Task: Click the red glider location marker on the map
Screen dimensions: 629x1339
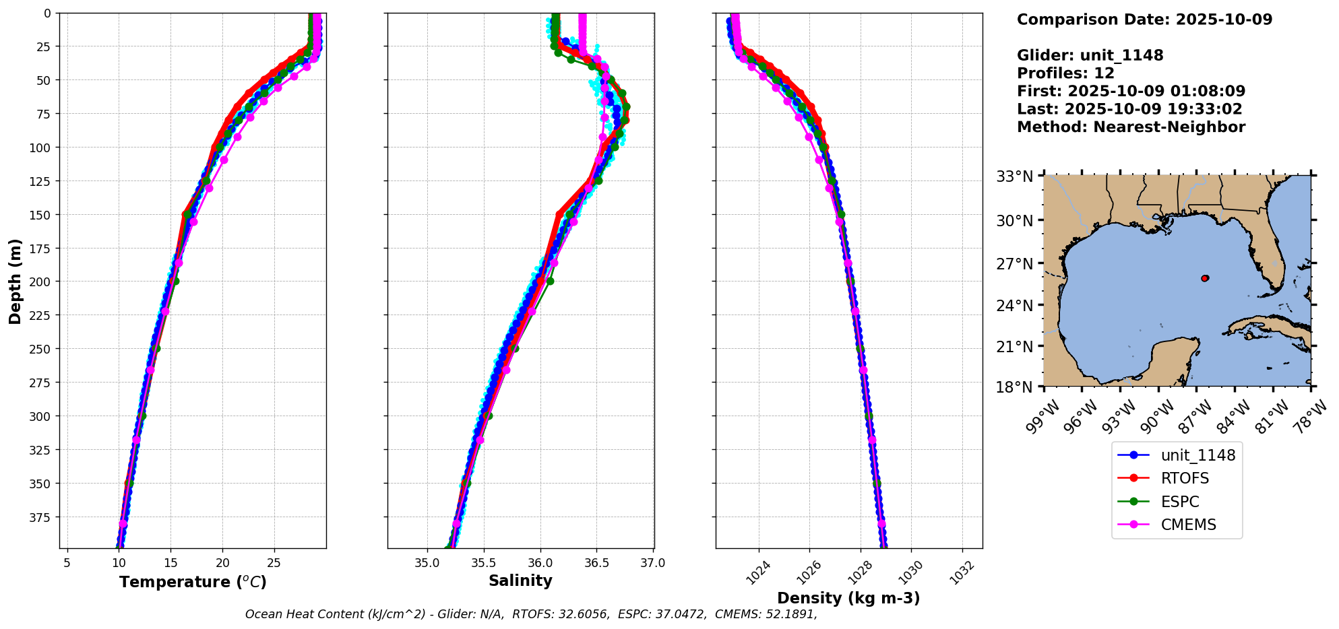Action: (1205, 278)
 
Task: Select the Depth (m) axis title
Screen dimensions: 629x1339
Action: (15, 281)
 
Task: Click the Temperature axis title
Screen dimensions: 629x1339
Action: (193, 582)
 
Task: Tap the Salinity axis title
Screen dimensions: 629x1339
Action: (520, 581)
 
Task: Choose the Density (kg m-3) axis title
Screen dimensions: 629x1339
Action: (848, 598)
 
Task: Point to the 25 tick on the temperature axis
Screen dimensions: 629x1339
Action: (274, 563)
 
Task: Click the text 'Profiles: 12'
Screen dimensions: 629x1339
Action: (1065, 73)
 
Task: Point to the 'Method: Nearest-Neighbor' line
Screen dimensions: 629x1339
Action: (1131, 127)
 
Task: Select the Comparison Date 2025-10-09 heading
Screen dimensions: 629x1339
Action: (1144, 20)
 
